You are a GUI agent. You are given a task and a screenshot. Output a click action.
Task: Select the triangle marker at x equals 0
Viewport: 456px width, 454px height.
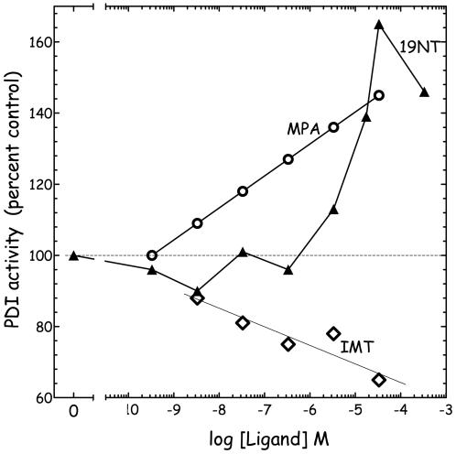pyautogui.click(x=73, y=255)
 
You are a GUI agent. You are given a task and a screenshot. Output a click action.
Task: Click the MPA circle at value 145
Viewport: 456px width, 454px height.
pyautogui.click(x=379, y=95)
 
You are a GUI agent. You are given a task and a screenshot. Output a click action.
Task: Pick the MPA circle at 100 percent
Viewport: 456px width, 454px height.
pyautogui.click(x=152, y=255)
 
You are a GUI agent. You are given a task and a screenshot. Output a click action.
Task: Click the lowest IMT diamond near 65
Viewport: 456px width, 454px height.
pyautogui.click(x=379, y=380)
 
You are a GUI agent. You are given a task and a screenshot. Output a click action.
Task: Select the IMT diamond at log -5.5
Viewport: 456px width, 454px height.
pyautogui.click(x=333, y=333)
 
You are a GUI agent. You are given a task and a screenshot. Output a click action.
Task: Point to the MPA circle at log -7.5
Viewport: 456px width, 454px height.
pyautogui.click(x=243, y=191)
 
